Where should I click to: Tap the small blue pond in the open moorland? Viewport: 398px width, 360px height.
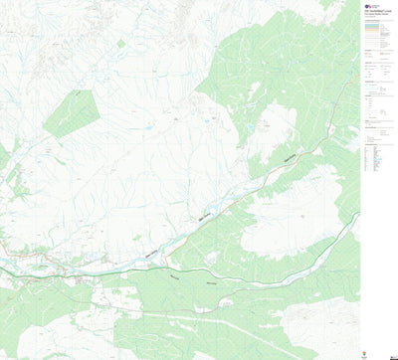[x=147, y=129]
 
